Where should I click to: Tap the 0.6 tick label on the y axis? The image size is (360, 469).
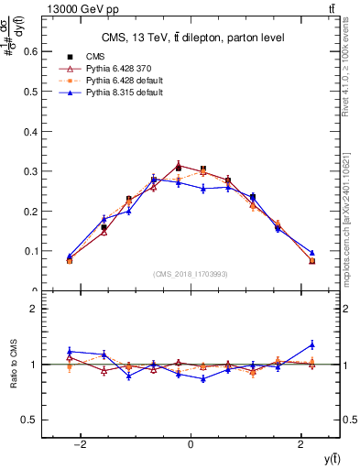pyautogui.click(x=30, y=51)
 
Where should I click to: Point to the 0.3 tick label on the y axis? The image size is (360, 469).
pyautogui.click(x=30, y=171)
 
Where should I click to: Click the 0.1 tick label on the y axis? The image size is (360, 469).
pyautogui.click(x=30, y=251)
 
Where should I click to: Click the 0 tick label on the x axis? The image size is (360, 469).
pyautogui.click(x=191, y=446)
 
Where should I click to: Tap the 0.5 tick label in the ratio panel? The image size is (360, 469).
pyautogui.click(x=30, y=420)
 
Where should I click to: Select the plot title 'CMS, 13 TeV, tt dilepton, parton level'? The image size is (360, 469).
pyautogui.click(x=191, y=38)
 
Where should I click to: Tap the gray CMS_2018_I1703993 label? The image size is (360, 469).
pyautogui.click(x=191, y=275)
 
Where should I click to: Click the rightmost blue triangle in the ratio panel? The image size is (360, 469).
pyautogui.click(x=312, y=344)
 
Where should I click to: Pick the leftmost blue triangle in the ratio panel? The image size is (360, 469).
pyautogui.click(x=70, y=351)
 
